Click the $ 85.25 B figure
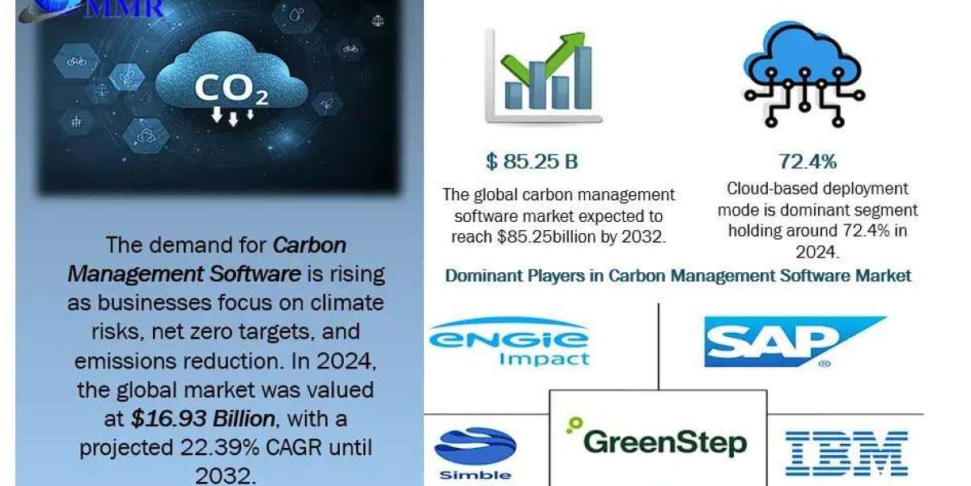pos(532,162)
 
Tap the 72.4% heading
pos(807,162)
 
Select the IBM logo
pos(846,454)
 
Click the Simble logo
pos(475,454)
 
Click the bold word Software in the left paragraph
pos(254,274)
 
